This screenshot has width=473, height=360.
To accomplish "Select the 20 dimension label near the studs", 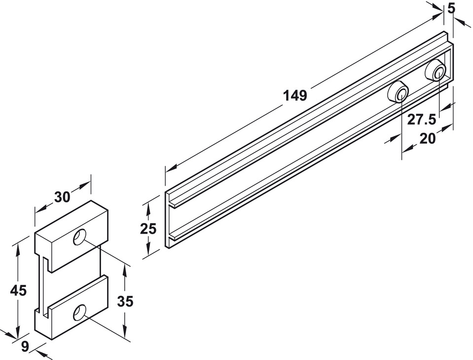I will click(428, 139).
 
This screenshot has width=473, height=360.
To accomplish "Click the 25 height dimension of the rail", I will click(148, 229).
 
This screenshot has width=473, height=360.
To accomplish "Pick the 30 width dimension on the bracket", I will click(62, 197).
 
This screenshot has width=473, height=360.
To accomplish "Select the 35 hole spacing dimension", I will click(125, 301).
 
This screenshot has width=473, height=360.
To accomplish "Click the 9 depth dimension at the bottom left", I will click(25, 347).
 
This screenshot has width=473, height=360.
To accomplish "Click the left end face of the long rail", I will click(168, 219).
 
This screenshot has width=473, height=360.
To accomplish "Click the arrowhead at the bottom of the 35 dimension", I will click(125, 333).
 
